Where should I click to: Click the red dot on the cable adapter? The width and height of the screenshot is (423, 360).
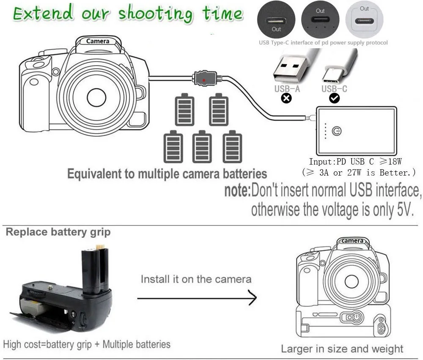click(x=204, y=80)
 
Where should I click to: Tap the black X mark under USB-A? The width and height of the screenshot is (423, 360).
click(x=286, y=98)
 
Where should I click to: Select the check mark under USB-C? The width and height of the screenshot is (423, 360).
click(x=334, y=98)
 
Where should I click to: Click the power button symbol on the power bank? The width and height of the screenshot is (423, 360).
click(x=337, y=131)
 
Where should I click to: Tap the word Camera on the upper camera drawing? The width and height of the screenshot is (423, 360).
click(x=98, y=41)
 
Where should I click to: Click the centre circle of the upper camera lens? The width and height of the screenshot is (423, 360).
click(x=96, y=97)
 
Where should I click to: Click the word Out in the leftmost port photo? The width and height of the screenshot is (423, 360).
click(x=276, y=29)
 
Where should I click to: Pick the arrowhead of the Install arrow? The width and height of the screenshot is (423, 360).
click(x=253, y=298)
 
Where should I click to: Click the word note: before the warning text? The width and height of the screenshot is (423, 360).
click(x=237, y=190)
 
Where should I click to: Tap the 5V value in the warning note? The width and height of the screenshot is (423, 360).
click(x=406, y=209)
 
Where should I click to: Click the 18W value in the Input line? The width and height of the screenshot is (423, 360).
click(x=395, y=162)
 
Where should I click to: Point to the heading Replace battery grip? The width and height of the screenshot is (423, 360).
click(x=58, y=232)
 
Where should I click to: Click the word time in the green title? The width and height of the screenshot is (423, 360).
click(x=223, y=14)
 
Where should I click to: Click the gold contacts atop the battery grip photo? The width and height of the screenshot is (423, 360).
click(x=100, y=247)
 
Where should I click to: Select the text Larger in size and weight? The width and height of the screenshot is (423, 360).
click(x=342, y=349)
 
